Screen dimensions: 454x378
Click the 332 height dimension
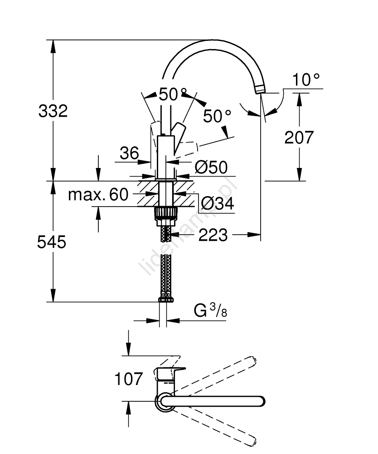click(53, 111)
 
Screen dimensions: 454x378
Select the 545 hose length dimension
click(52, 242)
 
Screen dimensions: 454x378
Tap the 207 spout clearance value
click(299, 137)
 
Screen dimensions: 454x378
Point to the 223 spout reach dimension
click(213, 235)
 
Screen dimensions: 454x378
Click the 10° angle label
click(306, 80)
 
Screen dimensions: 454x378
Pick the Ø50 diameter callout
click(211, 168)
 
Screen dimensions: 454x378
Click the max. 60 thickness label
click(98, 195)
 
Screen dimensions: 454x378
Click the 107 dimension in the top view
click(128, 379)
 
